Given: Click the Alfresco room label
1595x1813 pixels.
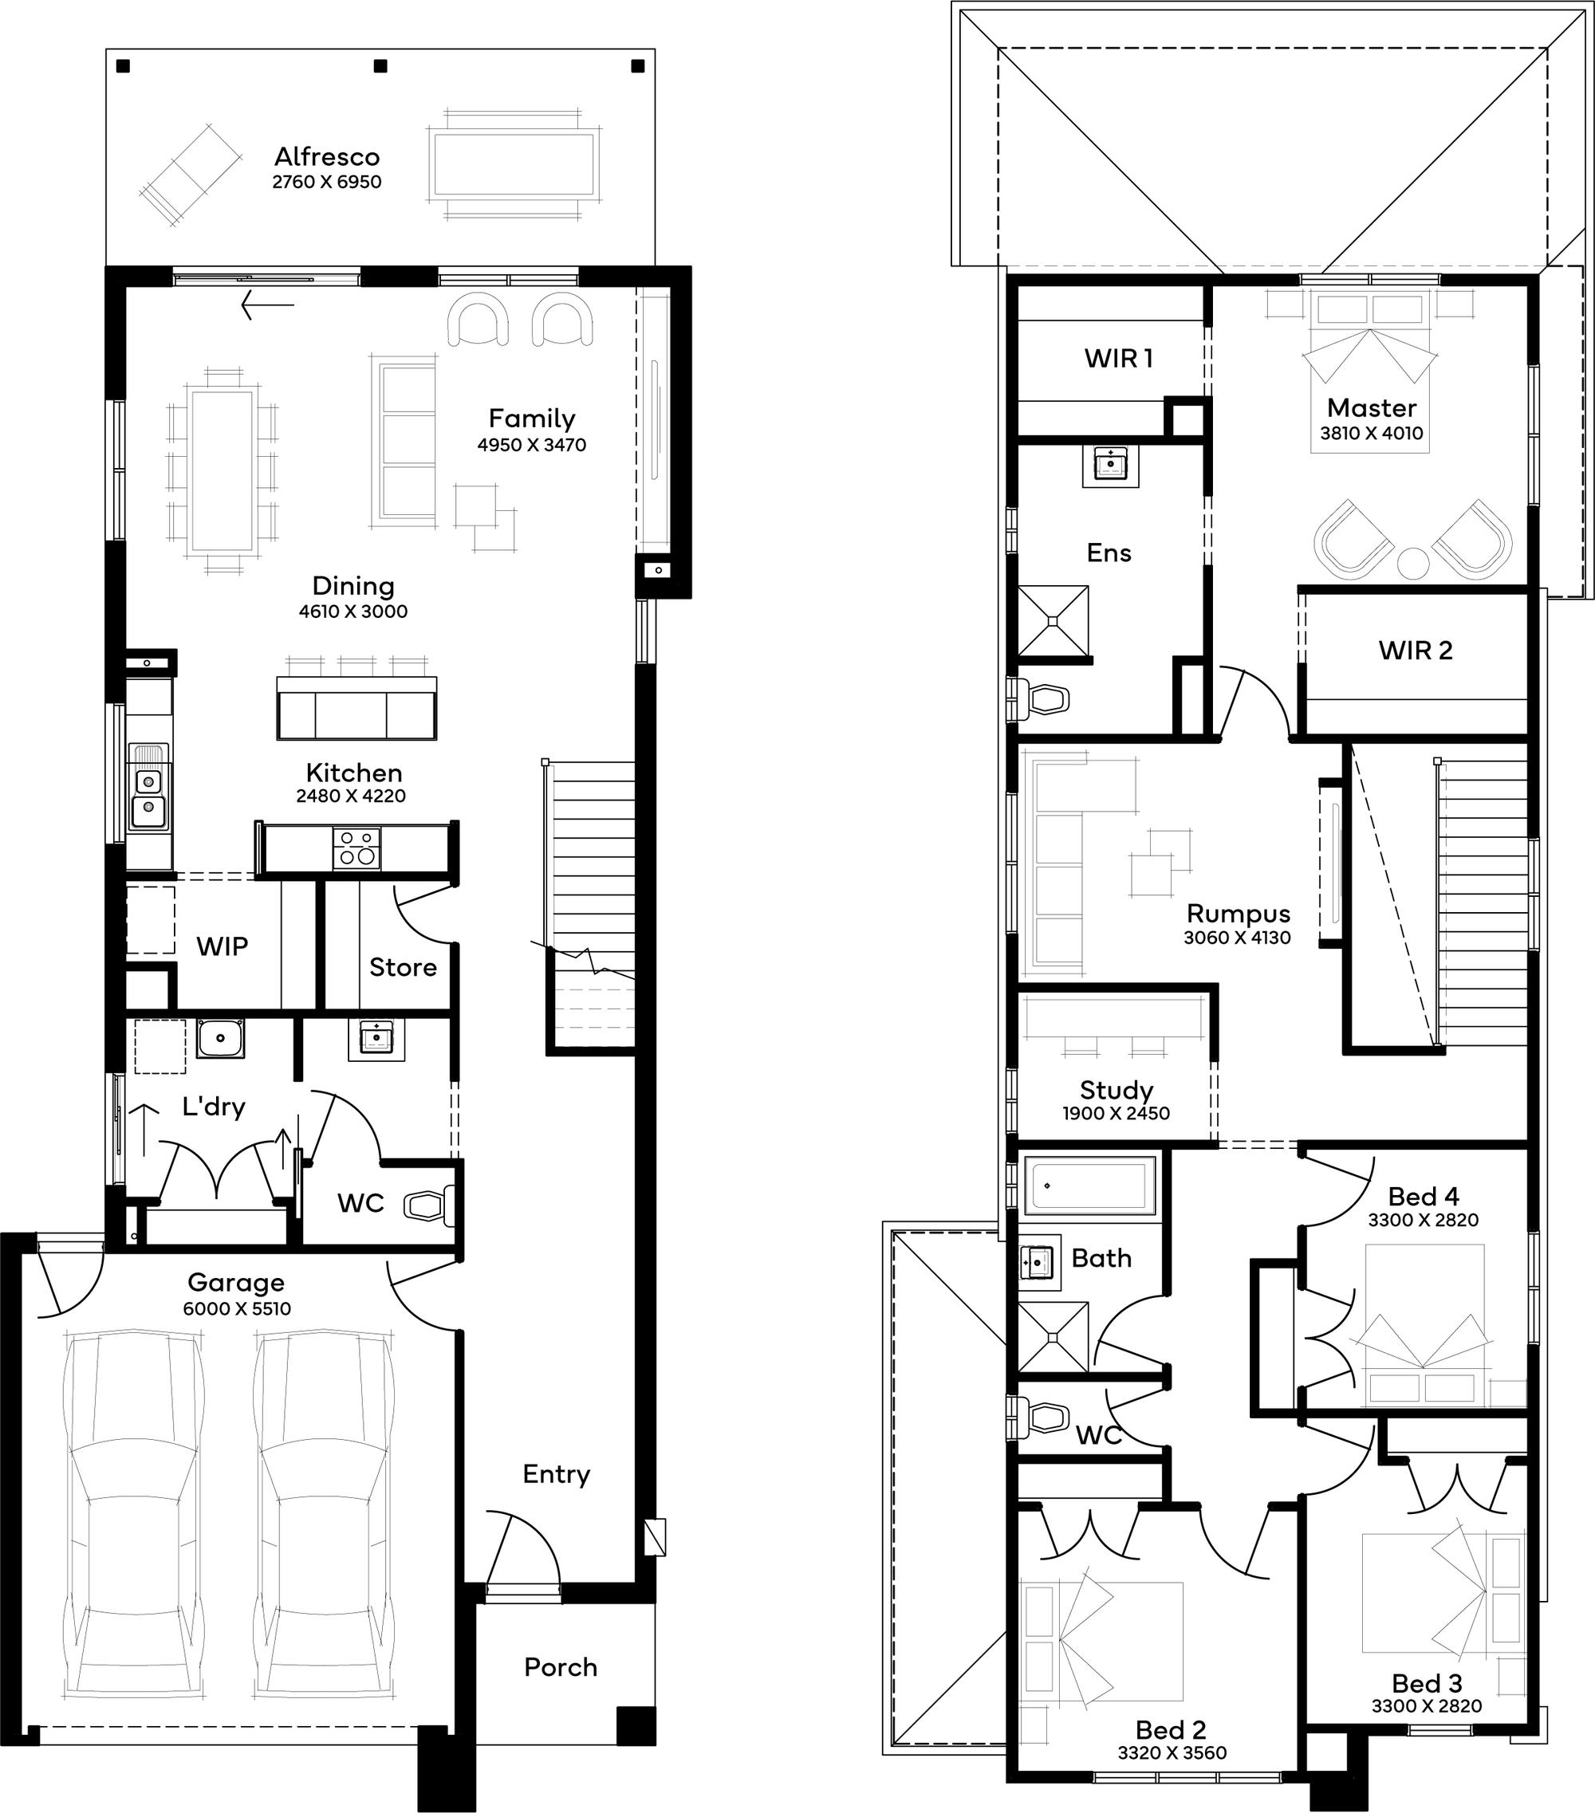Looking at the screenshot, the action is click(x=326, y=157).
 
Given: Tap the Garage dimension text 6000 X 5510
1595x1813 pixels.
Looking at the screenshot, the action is click(x=237, y=1309).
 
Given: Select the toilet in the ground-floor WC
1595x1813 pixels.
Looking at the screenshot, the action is click(x=430, y=1205).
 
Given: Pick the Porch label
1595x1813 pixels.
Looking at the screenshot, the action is click(x=561, y=1668).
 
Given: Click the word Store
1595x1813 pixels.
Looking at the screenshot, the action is click(x=403, y=967).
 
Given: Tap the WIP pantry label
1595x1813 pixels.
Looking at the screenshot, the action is click(x=222, y=946).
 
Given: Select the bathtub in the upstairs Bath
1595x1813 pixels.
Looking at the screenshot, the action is click(x=1090, y=1185).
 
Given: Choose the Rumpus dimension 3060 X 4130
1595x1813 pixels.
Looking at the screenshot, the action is click(x=1238, y=938).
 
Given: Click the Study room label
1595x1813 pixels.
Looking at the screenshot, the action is click(x=1116, y=1090).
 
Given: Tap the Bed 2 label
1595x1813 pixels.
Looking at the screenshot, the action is click(x=1171, y=1729).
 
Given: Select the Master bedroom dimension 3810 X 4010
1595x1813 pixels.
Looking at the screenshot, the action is click(x=1372, y=433).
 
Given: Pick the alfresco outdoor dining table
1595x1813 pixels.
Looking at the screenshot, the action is click(x=513, y=164).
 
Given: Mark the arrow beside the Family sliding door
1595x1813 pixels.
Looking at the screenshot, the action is click(x=267, y=305).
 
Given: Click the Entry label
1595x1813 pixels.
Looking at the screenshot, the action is click(x=556, y=1474).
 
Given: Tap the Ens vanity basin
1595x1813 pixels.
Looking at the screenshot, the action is click(x=1111, y=465).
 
